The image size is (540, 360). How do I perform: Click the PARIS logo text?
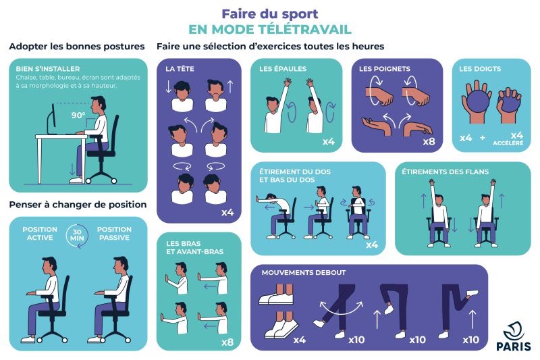tap(514, 346)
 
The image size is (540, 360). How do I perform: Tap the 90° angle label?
tap(78, 115)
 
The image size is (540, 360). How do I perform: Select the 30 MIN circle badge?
tap(77, 235)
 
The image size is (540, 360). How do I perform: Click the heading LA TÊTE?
tap(180, 69)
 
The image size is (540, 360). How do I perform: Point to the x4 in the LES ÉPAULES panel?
tap(329, 142)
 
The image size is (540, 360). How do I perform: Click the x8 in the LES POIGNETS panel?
tap(429, 142)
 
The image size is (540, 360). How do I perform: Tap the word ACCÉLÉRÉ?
tap(508, 143)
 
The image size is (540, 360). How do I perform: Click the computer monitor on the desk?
tap(51, 118)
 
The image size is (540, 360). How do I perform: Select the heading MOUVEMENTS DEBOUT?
tap(304, 273)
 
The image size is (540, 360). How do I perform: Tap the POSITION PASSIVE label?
tap(114, 234)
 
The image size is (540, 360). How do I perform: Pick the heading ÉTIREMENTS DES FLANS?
tap(446, 172)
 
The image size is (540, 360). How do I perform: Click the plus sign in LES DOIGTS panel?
tap(483, 138)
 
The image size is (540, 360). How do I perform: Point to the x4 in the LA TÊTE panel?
tap(227, 212)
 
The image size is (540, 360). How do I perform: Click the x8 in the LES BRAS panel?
tap(227, 342)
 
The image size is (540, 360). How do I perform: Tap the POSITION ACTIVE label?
tap(40, 234)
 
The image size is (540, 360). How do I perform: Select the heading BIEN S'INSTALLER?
tap(48, 69)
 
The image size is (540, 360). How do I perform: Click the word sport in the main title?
tap(300, 14)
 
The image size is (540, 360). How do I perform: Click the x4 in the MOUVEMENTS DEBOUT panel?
tap(300, 340)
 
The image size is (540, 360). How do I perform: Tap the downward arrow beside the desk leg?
tap(72, 169)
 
